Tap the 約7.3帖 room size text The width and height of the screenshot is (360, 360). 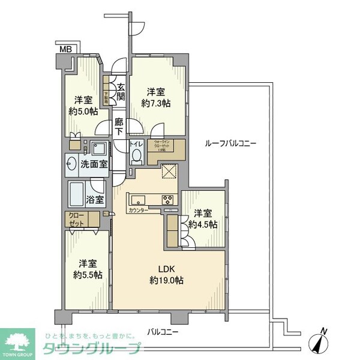(156, 103)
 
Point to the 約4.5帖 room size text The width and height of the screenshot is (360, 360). (203, 225)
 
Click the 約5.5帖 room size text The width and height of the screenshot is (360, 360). (87, 275)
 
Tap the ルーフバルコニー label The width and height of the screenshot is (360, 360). (230, 143)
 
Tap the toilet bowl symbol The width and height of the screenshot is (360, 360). (136, 155)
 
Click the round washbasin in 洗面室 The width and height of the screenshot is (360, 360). (73, 162)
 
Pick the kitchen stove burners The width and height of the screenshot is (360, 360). (168, 200)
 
